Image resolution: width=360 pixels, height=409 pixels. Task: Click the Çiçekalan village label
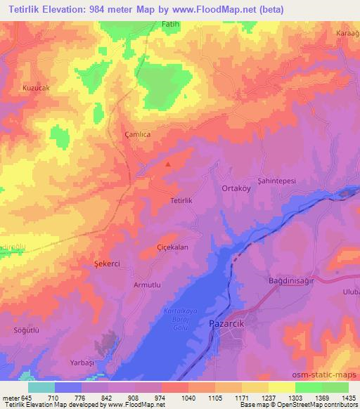click(172, 247)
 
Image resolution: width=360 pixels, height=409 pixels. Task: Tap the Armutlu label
click(148, 285)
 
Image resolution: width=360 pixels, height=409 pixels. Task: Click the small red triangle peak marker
click(167, 164)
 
